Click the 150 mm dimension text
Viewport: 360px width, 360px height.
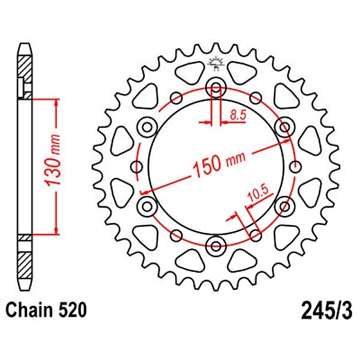pos(219,163)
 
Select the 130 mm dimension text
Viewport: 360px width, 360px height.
pos(53,160)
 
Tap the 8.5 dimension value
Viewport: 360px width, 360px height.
pos(238,115)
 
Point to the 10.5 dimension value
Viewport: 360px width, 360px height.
pos(258,194)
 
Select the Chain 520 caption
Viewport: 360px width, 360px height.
pos(46,310)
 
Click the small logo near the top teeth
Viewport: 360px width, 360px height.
pos(215,64)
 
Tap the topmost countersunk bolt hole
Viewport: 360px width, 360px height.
pos(216,87)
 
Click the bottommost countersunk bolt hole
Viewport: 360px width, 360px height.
pos(216,246)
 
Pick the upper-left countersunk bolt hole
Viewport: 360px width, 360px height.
pos(147,127)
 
